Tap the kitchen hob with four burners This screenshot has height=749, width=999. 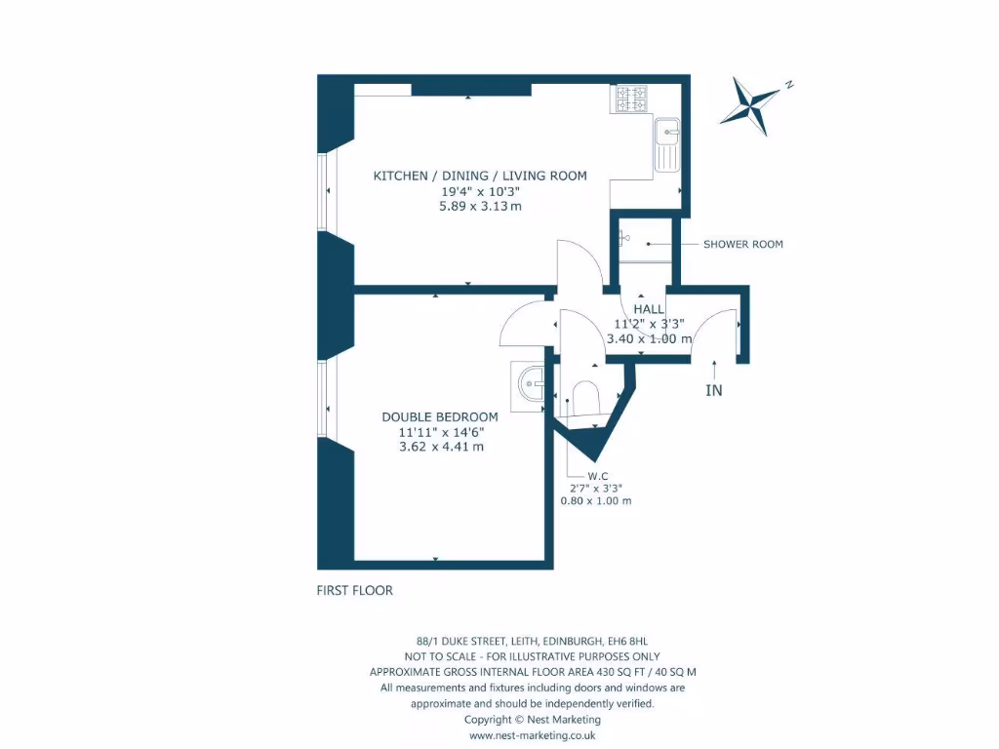[629, 99]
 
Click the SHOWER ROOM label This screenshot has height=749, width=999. [742, 244]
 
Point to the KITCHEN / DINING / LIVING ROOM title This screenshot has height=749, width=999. [480, 176]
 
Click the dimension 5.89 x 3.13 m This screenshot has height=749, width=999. [480, 206]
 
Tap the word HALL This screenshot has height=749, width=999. [649, 308]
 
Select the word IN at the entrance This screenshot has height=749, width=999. [715, 390]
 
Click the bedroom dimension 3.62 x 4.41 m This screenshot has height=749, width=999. [441, 447]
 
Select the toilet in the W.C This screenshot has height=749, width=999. [586, 397]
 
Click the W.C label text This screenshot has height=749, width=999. [596, 477]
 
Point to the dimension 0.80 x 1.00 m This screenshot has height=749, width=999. [595, 500]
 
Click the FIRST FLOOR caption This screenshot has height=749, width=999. [354, 590]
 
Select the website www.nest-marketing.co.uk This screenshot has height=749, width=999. [533, 735]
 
